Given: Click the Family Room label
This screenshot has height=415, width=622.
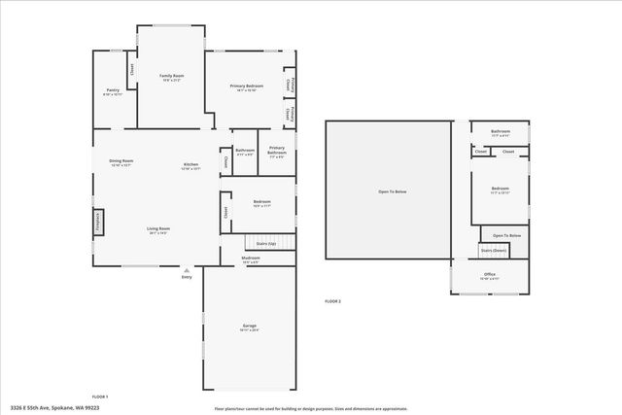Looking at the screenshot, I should (172, 77).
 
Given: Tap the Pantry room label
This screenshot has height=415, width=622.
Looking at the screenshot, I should (113, 92).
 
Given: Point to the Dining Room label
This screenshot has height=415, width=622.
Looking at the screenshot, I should (121, 162).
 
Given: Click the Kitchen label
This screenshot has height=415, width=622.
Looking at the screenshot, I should (190, 166).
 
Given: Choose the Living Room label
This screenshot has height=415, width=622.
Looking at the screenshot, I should (158, 230).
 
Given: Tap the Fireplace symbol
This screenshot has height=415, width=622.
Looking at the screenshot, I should (97, 222).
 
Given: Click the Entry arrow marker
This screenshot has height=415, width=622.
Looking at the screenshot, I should (187, 270).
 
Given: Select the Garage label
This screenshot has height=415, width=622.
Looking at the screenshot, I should (250, 327).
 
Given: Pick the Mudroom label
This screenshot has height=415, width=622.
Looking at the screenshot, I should (251, 259).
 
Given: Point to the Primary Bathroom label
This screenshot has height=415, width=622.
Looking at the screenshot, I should (277, 151).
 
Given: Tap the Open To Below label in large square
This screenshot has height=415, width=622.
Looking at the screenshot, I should (392, 191).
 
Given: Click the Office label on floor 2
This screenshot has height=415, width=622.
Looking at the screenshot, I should (490, 276).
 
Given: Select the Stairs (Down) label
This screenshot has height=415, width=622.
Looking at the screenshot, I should (494, 250).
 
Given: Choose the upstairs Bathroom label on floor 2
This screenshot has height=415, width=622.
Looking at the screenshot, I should (501, 132).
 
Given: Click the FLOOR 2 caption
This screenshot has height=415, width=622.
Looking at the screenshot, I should (332, 302).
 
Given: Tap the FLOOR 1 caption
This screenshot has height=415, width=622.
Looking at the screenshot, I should (100, 397).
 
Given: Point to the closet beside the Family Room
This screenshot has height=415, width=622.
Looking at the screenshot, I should (130, 71).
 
